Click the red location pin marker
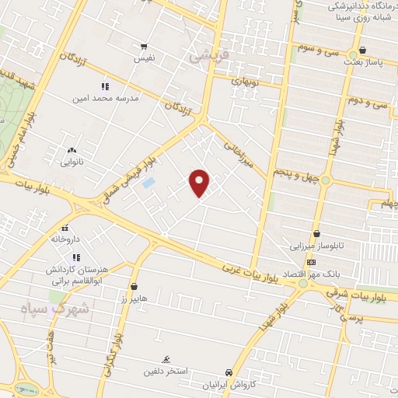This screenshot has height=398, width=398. pyautogui.click(x=201, y=182)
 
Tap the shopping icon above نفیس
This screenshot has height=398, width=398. pyautogui.click(x=143, y=47)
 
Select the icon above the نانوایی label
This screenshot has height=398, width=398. pyautogui.click(x=72, y=150)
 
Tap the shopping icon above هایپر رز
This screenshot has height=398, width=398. pyautogui.click(x=134, y=286)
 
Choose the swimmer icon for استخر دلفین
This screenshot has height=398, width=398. pyautogui.click(x=166, y=358)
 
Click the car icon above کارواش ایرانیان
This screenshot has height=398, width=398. pyautogui.click(x=228, y=372)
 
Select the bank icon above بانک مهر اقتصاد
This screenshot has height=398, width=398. pyautogui.click(x=311, y=262)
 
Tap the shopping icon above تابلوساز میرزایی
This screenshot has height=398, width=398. pyautogui.click(x=316, y=233)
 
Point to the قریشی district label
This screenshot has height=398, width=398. pyautogui.click(x=204, y=57)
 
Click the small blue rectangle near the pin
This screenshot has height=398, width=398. pyautogui.click(x=148, y=183)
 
